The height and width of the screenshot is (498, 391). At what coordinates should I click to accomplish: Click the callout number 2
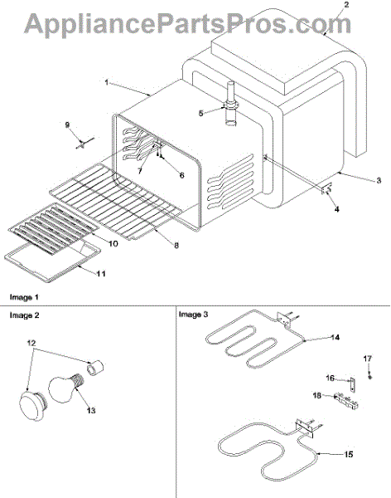[x=346, y=5]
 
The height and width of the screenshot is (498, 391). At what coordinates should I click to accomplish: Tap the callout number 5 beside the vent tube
[x=200, y=114]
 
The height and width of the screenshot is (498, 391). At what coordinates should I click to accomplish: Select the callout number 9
[x=67, y=124]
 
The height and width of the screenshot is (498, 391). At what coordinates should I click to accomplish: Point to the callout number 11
[x=101, y=273]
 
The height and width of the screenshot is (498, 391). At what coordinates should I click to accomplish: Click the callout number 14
[x=335, y=337]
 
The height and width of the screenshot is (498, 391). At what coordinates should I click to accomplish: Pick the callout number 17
[x=367, y=359]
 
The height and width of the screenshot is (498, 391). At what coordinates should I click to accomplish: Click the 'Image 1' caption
[x=24, y=298]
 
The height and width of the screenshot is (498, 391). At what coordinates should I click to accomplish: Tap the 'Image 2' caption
[x=24, y=315]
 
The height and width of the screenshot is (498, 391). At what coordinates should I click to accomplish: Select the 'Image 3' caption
[x=194, y=315]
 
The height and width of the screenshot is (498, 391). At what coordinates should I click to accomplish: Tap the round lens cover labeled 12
[x=33, y=406]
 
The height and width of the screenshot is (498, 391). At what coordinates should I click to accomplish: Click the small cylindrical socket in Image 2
[x=96, y=368]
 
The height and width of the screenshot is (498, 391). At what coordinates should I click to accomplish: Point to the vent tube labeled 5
[x=231, y=104]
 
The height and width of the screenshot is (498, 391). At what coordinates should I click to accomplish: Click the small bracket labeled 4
[x=326, y=190]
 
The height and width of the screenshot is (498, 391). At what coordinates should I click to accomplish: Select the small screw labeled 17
[x=369, y=377]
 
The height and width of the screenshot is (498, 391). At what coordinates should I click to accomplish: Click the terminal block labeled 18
[x=346, y=401]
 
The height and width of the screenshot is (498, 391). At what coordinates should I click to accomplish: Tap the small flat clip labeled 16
[x=352, y=384]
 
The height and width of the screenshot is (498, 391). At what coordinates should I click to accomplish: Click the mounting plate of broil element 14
[x=284, y=319]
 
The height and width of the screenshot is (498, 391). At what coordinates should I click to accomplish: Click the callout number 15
[x=348, y=455]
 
